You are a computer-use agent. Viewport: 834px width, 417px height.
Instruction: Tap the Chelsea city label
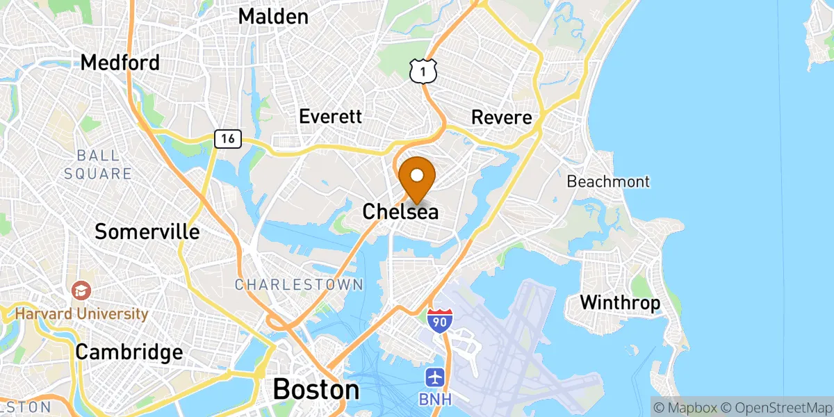pos(400,211)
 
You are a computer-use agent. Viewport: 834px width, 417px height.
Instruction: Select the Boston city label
pos(316,389)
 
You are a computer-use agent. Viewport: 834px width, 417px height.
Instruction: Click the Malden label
pos(273,17)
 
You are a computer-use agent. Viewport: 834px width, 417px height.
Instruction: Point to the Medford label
pos(120,63)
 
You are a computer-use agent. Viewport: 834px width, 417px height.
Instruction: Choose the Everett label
pos(330,116)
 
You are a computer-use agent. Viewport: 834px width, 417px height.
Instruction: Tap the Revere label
pos(501,117)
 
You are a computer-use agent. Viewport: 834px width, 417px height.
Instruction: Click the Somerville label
pos(147,231)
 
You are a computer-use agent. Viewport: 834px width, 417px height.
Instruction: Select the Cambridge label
pos(129,352)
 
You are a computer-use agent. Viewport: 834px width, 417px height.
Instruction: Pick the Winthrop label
pos(620,303)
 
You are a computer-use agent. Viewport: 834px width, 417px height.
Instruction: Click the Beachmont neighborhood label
pos(608,182)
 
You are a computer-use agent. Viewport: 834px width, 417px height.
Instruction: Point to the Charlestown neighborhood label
pos(298,284)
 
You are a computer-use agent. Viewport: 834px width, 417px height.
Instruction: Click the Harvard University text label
pos(82,314)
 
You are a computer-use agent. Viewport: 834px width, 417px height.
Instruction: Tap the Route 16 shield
pos(227,138)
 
